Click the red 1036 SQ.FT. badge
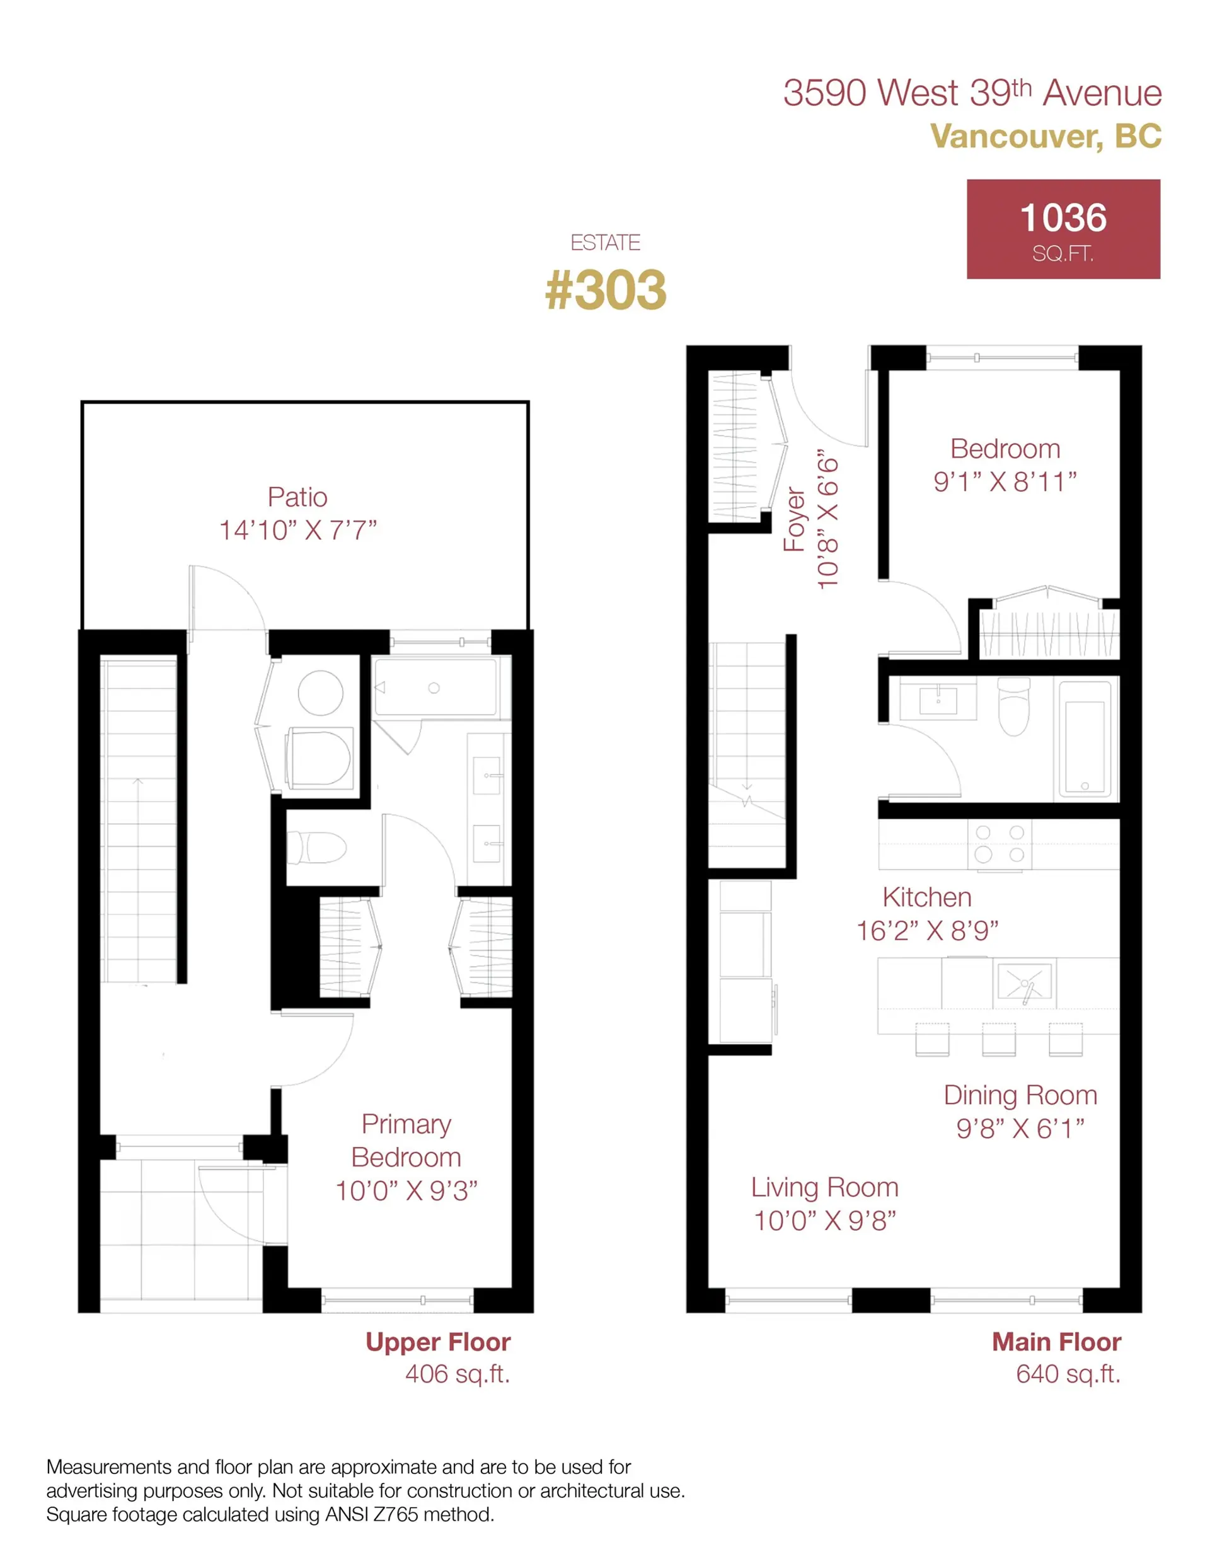(1063, 229)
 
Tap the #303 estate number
(606, 291)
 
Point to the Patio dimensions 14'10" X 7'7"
(297, 531)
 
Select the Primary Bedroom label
(406, 1140)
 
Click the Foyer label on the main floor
(794, 519)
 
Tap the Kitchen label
(926, 897)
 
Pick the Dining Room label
(1020, 1095)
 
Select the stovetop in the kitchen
(999, 844)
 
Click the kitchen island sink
(1023, 982)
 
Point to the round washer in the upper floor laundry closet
(320, 693)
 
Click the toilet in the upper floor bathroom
(316, 848)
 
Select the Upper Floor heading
(437, 1342)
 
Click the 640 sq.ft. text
(1068, 1374)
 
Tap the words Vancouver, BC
(1045, 136)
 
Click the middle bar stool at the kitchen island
(998, 1039)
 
